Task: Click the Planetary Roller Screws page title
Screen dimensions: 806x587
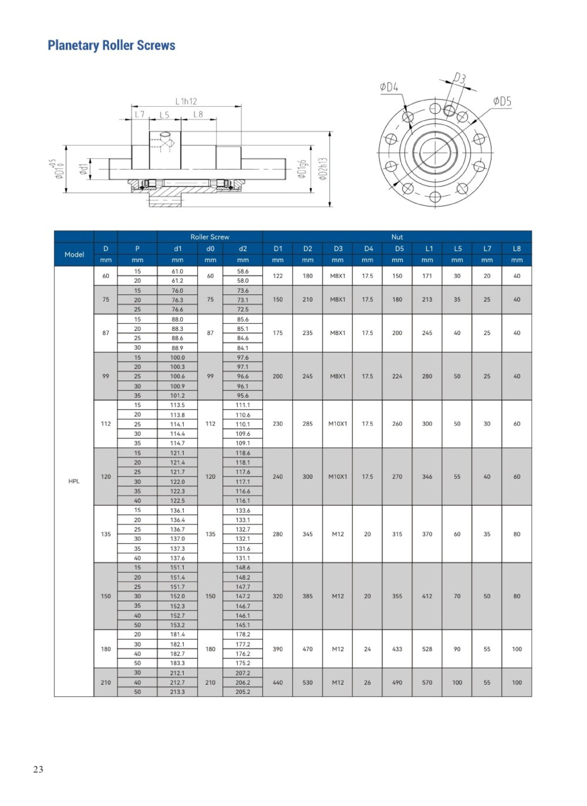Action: pyautogui.click(x=111, y=45)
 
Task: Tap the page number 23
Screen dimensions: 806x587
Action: pyautogui.click(x=38, y=769)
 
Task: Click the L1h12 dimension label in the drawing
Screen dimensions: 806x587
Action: pyautogui.click(x=186, y=102)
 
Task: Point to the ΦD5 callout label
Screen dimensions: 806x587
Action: pyautogui.click(x=502, y=102)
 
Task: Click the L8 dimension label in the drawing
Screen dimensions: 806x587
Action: pyautogui.click(x=198, y=114)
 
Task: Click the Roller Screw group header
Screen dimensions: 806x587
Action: pyautogui.click(x=210, y=237)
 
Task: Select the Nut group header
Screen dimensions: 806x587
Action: pyautogui.click(x=397, y=237)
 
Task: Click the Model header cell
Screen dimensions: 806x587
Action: pyautogui.click(x=74, y=254)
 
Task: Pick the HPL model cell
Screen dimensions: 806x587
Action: pyautogui.click(x=74, y=481)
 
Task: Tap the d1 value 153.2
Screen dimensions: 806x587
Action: pyautogui.click(x=177, y=625)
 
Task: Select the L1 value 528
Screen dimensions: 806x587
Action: pyautogui.click(x=427, y=649)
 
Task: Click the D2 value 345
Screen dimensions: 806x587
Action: pyautogui.click(x=308, y=534)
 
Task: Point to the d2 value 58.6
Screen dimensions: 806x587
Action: pyautogui.click(x=243, y=271)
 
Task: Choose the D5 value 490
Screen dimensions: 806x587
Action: pyautogui.click(x=397, y=683)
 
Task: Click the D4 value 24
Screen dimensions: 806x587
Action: pyautogui.click(x=367, y=649)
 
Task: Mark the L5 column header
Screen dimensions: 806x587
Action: pyautogui.click(x=457, y=249)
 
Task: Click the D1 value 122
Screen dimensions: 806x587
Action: pyautogui.click(x=277, y=276)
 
